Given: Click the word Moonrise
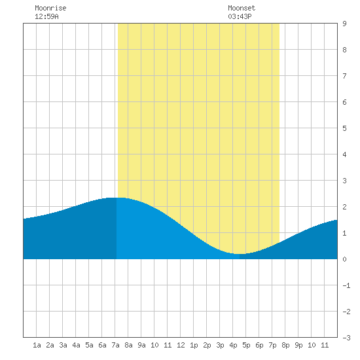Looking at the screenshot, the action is coord(50,8).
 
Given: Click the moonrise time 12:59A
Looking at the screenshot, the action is coord(46,16).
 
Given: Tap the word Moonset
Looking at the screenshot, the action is coord(242,8).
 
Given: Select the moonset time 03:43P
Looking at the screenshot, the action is coord(240,16).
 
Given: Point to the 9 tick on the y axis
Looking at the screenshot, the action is coord(344,24).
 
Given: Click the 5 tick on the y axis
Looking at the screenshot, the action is coord(344,128).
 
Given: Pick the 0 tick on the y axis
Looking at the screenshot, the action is coord(344,259).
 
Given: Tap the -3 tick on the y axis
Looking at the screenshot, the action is coord(346,338).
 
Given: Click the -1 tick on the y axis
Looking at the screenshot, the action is coord(346,285).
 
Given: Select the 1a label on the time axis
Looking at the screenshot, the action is coord(37,345).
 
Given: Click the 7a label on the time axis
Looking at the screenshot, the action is coord(115,345).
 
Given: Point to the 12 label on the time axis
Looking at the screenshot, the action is coord(181,345).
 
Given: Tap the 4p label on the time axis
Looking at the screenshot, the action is coord(233,345).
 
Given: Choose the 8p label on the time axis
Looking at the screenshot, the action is coord(285,345).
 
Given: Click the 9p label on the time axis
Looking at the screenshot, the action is coord(298,345).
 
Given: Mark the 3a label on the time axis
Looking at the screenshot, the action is coord(63,345).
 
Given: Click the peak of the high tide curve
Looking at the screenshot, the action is coord(117,198).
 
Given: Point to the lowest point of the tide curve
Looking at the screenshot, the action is coord(239,254).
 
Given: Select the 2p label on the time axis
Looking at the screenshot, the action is coord(207,345).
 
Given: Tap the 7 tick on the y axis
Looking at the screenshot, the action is coord(344,76).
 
